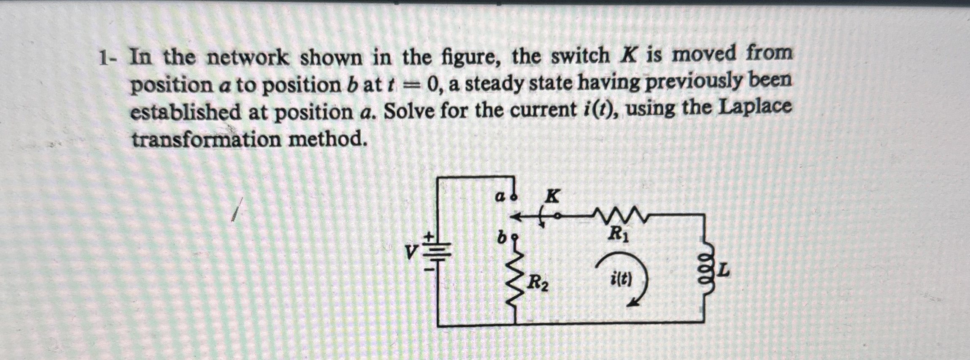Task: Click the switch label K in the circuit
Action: [553, 196]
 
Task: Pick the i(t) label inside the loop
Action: [621, 279]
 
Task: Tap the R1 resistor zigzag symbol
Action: [619, 216]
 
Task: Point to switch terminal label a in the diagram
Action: [500, 197]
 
